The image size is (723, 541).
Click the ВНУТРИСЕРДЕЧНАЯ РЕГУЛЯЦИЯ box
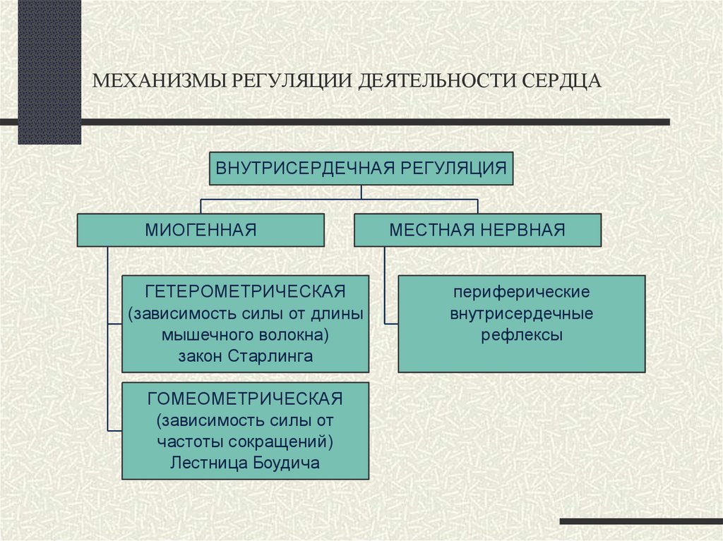point(361,169)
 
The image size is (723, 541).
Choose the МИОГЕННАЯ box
point(201,229)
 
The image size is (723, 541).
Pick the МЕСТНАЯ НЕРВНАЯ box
point(477,229)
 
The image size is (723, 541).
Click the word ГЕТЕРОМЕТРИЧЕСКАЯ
point(245,291)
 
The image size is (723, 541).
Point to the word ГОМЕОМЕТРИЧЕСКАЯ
point(245,399)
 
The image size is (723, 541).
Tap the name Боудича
point(282,463)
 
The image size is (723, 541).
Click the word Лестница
point(205,463)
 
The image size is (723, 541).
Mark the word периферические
point(522,291)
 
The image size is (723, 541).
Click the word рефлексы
point(522,335)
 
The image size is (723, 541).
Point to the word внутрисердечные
point(522,313)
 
